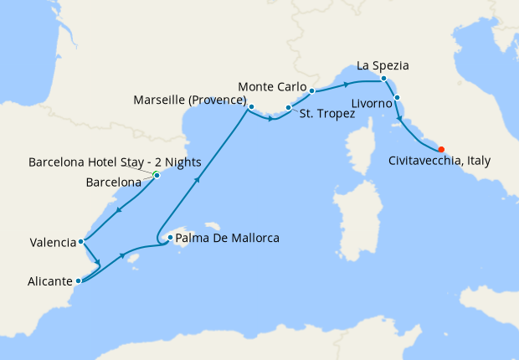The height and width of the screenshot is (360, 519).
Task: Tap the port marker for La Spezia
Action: (x=383, y=79)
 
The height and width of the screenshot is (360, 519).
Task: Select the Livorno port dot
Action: (x=397, y=98)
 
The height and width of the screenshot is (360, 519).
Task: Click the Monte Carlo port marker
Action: (x=311, y=90)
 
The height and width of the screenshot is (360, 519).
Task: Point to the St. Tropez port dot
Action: (x=288, y=108)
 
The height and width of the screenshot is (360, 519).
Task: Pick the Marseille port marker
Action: (x=251, y=107)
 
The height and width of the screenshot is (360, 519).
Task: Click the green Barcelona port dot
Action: (x=157, y=174)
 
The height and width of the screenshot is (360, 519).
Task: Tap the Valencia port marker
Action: (x=80, y=242)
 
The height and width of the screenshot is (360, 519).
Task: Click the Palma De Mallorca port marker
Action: (x=170, y=238)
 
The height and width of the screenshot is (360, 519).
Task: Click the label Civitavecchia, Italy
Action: (x=440, y=161)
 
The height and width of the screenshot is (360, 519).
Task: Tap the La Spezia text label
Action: (x=383, y=64)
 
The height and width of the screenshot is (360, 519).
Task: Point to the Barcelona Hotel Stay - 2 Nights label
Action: (x=91, y=162)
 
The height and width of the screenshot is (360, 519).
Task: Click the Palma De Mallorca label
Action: (x=227, y=239)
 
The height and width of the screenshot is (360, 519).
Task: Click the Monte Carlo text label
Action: (x=272, y=86)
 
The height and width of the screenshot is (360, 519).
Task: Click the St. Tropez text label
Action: (x=326, y=114)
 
